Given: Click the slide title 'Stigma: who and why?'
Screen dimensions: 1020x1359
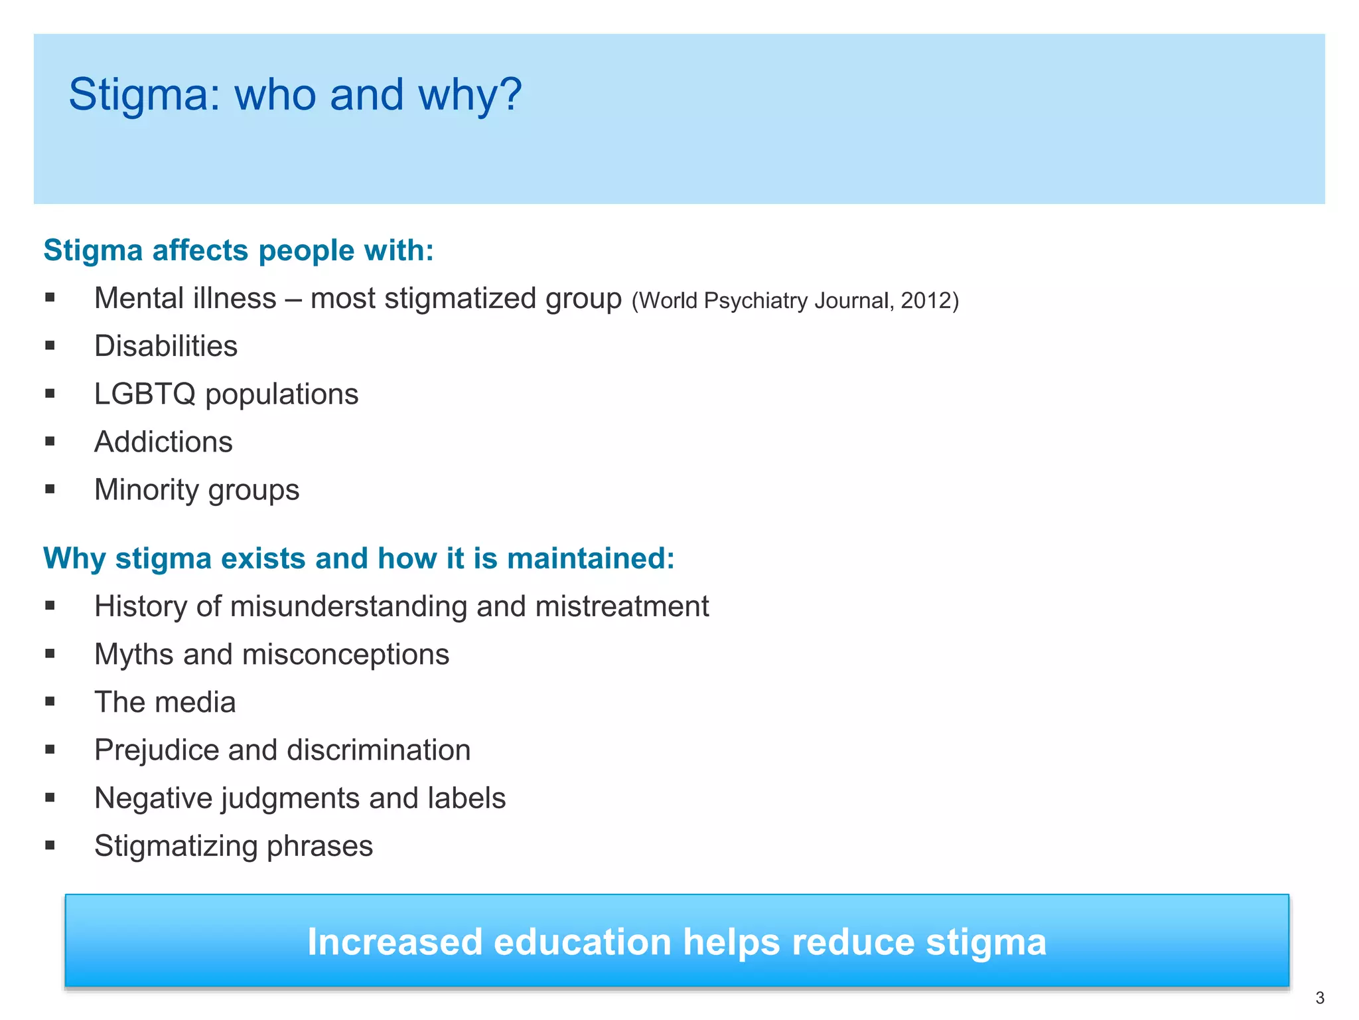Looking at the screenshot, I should tap(295, 94).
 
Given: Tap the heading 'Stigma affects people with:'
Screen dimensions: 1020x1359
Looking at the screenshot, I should tap(238, 250).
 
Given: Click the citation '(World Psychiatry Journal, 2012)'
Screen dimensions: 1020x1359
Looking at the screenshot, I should tap(795, 301).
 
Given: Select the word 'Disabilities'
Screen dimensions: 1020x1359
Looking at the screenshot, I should tap(166, 346).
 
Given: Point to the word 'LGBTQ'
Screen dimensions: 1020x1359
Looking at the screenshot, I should tap(145, 394).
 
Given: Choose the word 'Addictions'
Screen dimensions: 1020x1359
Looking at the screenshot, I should tap(163, 442).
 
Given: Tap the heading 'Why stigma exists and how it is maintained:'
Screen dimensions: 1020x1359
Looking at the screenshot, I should tap(358, 558).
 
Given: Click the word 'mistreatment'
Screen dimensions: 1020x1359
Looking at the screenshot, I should tap(622, 606).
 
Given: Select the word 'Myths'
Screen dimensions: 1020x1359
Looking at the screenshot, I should tap(134, 654).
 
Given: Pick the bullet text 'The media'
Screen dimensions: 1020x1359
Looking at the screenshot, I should tap(165, 702).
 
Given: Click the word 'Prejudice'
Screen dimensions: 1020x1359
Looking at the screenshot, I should tap(156, 750).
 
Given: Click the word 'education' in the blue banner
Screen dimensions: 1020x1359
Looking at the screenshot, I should tap(582, 942).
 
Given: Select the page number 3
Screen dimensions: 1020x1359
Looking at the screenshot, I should tap(1320, 998).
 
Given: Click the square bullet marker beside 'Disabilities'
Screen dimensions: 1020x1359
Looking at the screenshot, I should tap(50, 345).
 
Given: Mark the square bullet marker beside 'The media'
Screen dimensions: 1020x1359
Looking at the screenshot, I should tap(50, 701).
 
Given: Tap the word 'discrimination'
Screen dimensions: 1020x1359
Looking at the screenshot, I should tap(378, 750).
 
